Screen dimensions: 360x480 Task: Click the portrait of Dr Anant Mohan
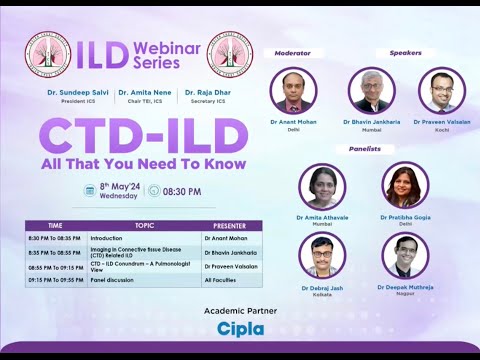(x=293, y=91)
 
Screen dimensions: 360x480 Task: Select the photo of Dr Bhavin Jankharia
(x=371, y=91)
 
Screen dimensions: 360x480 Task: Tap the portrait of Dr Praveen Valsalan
(x=442, y=91)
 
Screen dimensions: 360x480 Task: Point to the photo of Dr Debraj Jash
(x=322, y=256)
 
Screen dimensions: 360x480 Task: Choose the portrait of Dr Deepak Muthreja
(x=405, y=256)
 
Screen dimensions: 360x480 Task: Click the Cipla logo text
(x=240, y=328)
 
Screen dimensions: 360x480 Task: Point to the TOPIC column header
(x=144, y=226)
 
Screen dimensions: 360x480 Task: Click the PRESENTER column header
(x=229, y=226)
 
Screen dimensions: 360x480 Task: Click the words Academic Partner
(x=240, y=310)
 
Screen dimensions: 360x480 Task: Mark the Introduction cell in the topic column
(x=105, y=239)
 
